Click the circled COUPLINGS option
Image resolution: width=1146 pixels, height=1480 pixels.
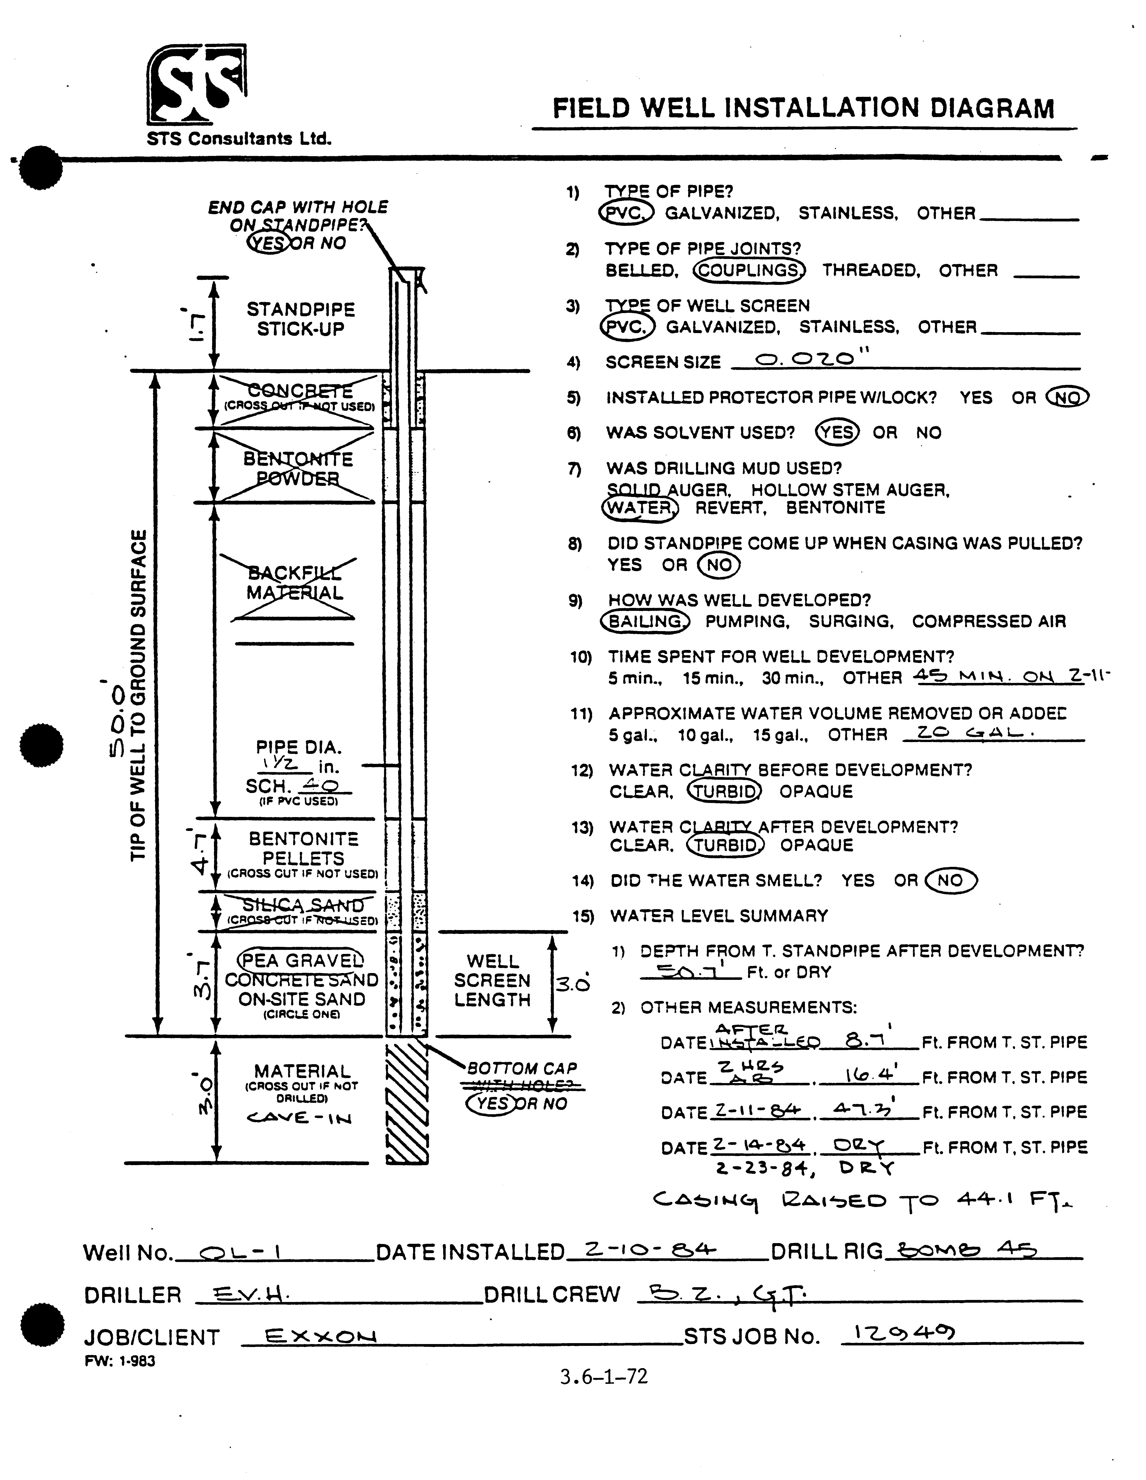(x=749, y=270)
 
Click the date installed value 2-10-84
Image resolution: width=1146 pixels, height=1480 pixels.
(x=649, y=1249)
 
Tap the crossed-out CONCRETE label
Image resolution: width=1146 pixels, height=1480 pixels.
(x=300, y=391)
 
